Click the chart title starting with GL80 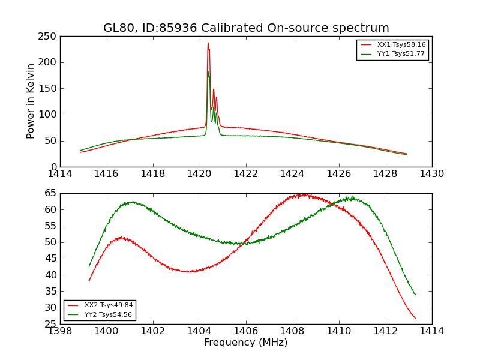(246, 28)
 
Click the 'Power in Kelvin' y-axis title (31, 101)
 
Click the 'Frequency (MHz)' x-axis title (246, 343)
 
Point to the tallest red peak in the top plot (208, 43)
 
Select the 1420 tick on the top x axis (200, 174)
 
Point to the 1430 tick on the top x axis (432, 174)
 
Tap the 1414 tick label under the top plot (60, 174)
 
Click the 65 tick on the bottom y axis (52, 193)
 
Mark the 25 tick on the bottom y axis (52, 324)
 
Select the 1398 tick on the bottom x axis (60, 331)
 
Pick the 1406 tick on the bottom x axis (246, 331)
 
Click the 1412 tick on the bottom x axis (385, 331)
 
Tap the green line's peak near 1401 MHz (131, 202)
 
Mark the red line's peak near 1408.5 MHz (304, 194)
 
